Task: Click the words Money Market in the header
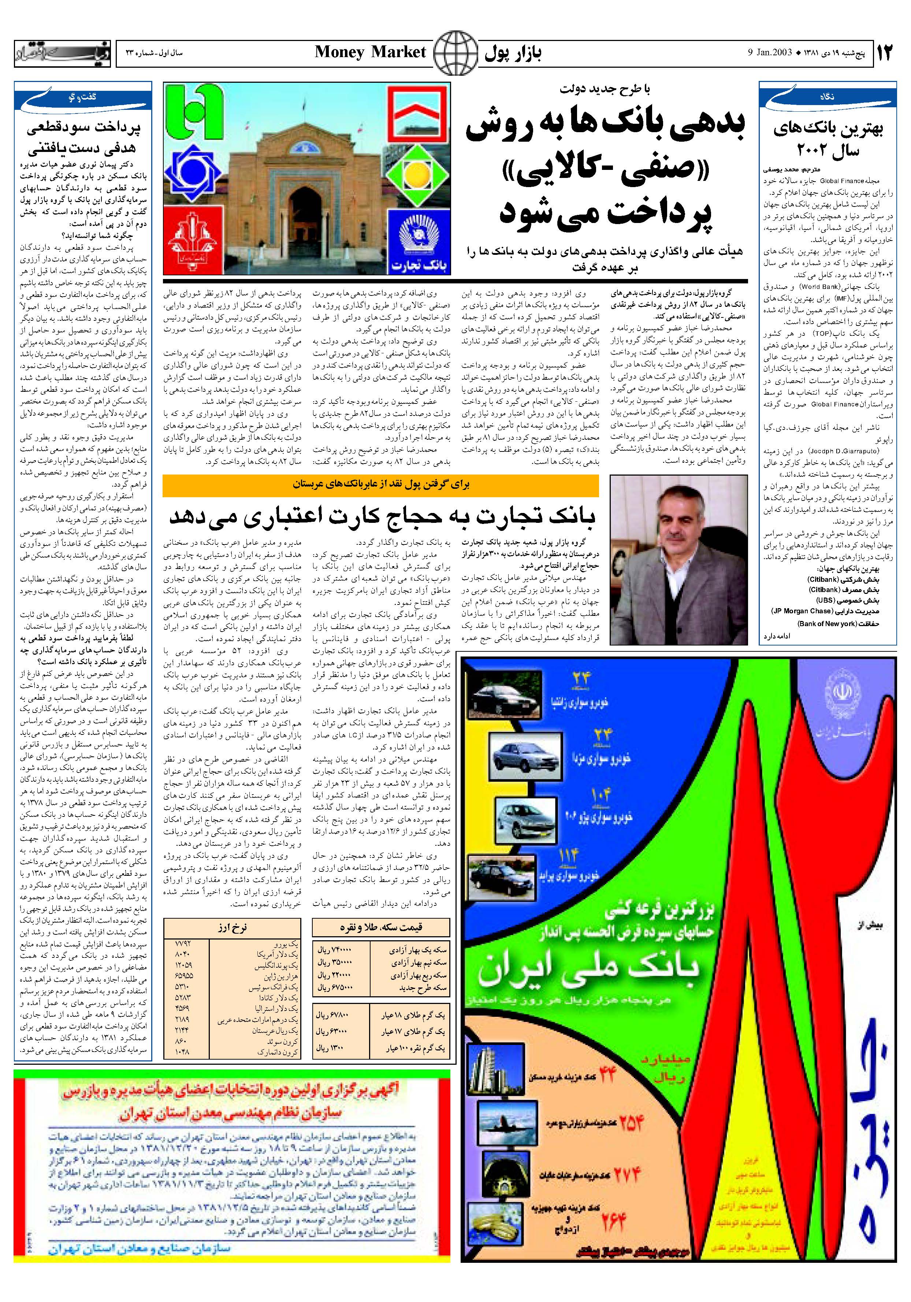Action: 370,52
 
